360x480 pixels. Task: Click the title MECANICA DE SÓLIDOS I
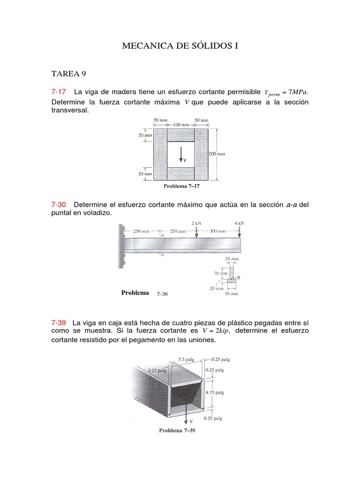[180, 46]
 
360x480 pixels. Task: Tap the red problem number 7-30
[59, 204]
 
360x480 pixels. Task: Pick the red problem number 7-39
[59, 322]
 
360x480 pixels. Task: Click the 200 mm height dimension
[217, 153]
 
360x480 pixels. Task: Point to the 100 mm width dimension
[181, 125]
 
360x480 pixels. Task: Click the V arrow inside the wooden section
[181, 154]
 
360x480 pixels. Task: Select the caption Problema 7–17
[181, 186]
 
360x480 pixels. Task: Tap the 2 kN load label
[196, 223]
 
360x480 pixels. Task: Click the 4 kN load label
[239, 223]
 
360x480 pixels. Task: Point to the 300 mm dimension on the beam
[218, 231]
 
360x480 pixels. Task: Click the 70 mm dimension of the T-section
[220, 272]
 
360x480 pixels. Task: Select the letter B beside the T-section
[239, 278]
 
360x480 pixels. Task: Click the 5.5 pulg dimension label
[186, 360]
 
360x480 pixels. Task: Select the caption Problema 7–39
[177, 430]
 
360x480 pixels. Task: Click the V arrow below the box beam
[187, 415]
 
